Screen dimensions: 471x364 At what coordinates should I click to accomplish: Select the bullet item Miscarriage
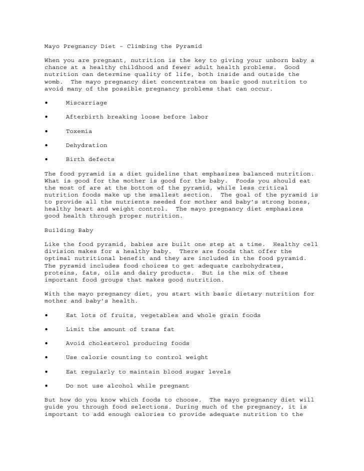pos(86,102)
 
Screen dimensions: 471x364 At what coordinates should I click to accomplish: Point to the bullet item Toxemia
pos(78,131)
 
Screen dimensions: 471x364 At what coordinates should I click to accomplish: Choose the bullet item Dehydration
pos(86,145)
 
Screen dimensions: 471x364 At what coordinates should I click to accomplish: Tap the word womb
pos(52,82)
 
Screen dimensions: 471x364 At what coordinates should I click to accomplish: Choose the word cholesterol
pos(111,343)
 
